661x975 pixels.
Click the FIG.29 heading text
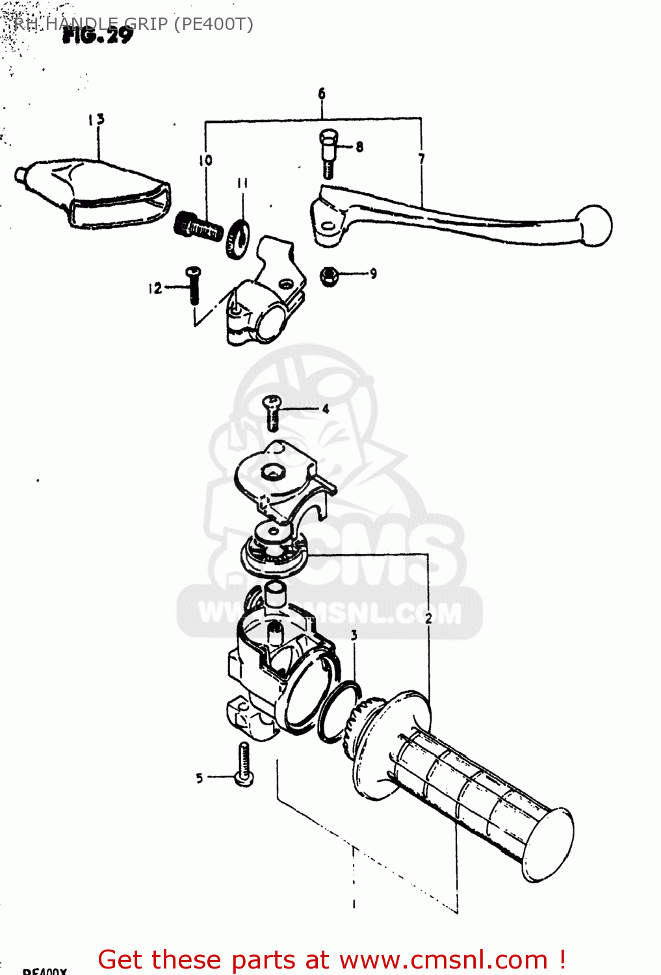click(97, 36)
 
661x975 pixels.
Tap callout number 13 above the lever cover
click(96, 119)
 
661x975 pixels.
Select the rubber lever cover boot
click(97, 192)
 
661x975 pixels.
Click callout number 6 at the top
click(322, 94)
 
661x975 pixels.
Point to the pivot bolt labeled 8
click(329, 152)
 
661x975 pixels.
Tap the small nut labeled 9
click(330, 277)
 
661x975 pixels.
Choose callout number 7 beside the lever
click(421, 159)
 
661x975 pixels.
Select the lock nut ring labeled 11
click(238, 238)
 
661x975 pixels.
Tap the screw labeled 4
click(272, 413)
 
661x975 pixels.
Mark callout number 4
click(326, 409)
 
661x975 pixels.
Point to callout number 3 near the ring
click(354, 635)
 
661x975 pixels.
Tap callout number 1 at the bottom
click(354, 903)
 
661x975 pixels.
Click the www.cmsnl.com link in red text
click(443, 959)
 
